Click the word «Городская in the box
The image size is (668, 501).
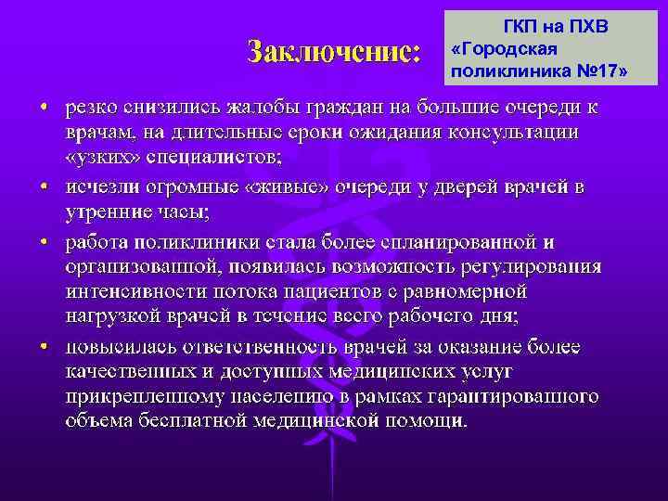click(x=502, y=47)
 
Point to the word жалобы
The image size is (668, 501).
click(x=273, y=109)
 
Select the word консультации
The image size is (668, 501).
click(x=516, y=133)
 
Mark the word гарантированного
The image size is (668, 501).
click(x=516, y=396)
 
